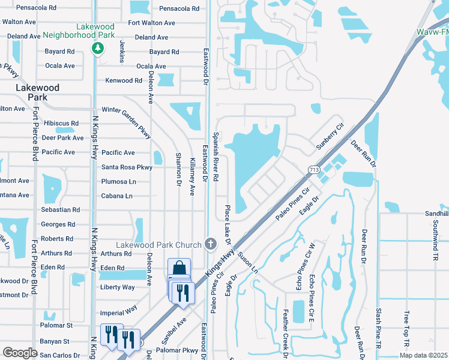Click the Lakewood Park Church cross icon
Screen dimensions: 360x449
(210, 244)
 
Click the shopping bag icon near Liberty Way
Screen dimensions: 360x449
(179, 268)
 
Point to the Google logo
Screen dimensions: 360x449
(20, 352)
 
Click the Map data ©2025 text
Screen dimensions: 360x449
(423, 355)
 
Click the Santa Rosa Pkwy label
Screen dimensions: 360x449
(127, 167)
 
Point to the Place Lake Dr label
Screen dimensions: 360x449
(228, 225)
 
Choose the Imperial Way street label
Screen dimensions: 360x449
(120, 312)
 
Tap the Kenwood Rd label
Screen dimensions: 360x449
(123, 80)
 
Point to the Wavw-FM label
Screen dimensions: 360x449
(433, 32)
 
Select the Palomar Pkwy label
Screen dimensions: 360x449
(176, 350)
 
